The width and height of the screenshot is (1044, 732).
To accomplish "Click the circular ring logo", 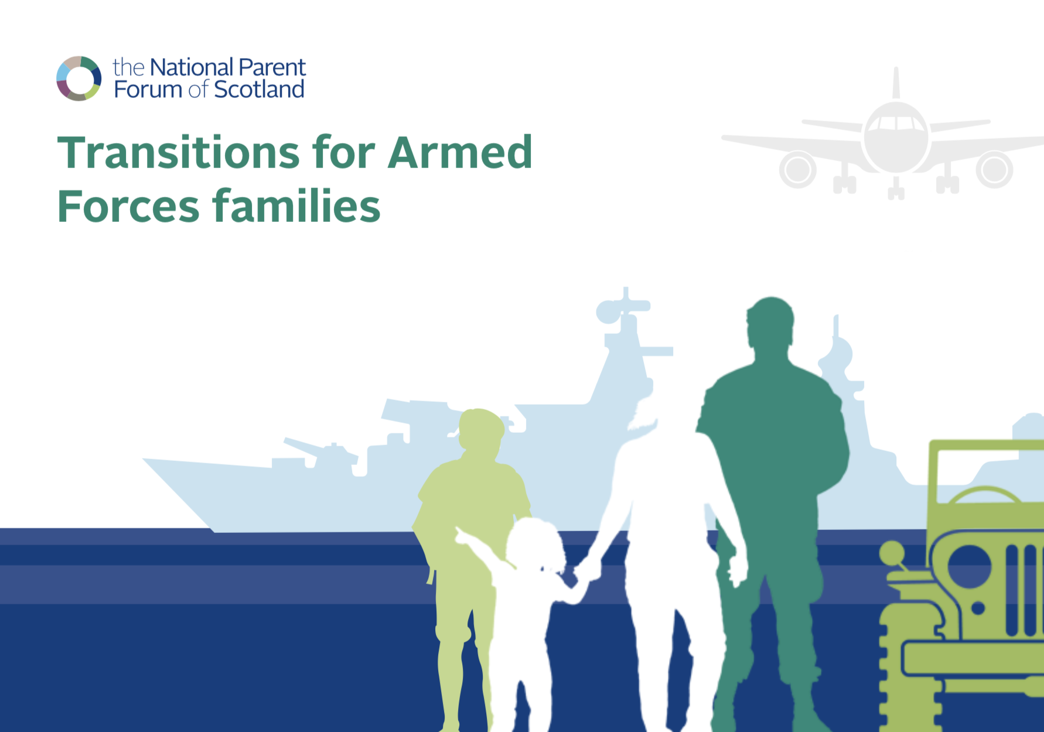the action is click(x=79, y=78).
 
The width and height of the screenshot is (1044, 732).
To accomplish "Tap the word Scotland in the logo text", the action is click(x=259, y=90).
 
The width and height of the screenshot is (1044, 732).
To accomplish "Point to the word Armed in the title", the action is click(x=460, y=152).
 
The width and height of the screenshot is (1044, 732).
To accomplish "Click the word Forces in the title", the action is click(x=129, y=206).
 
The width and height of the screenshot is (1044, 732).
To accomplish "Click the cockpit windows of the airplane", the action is click(x=896, y=123).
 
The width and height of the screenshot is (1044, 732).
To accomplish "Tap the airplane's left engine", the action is click(x=798, y=170).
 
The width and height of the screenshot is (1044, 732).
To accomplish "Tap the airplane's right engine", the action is click(x=994, y=170).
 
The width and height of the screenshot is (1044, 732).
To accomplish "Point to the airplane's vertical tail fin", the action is click(x=896, y=83).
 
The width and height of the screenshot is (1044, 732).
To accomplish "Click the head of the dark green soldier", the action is click(x=770, y=323).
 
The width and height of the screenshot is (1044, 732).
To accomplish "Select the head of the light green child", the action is click(x=481, y=429).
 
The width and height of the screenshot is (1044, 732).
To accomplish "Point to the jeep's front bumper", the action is click(x=973, y=659).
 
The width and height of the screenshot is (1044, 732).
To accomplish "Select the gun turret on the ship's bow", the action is click(x=319, y=454).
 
